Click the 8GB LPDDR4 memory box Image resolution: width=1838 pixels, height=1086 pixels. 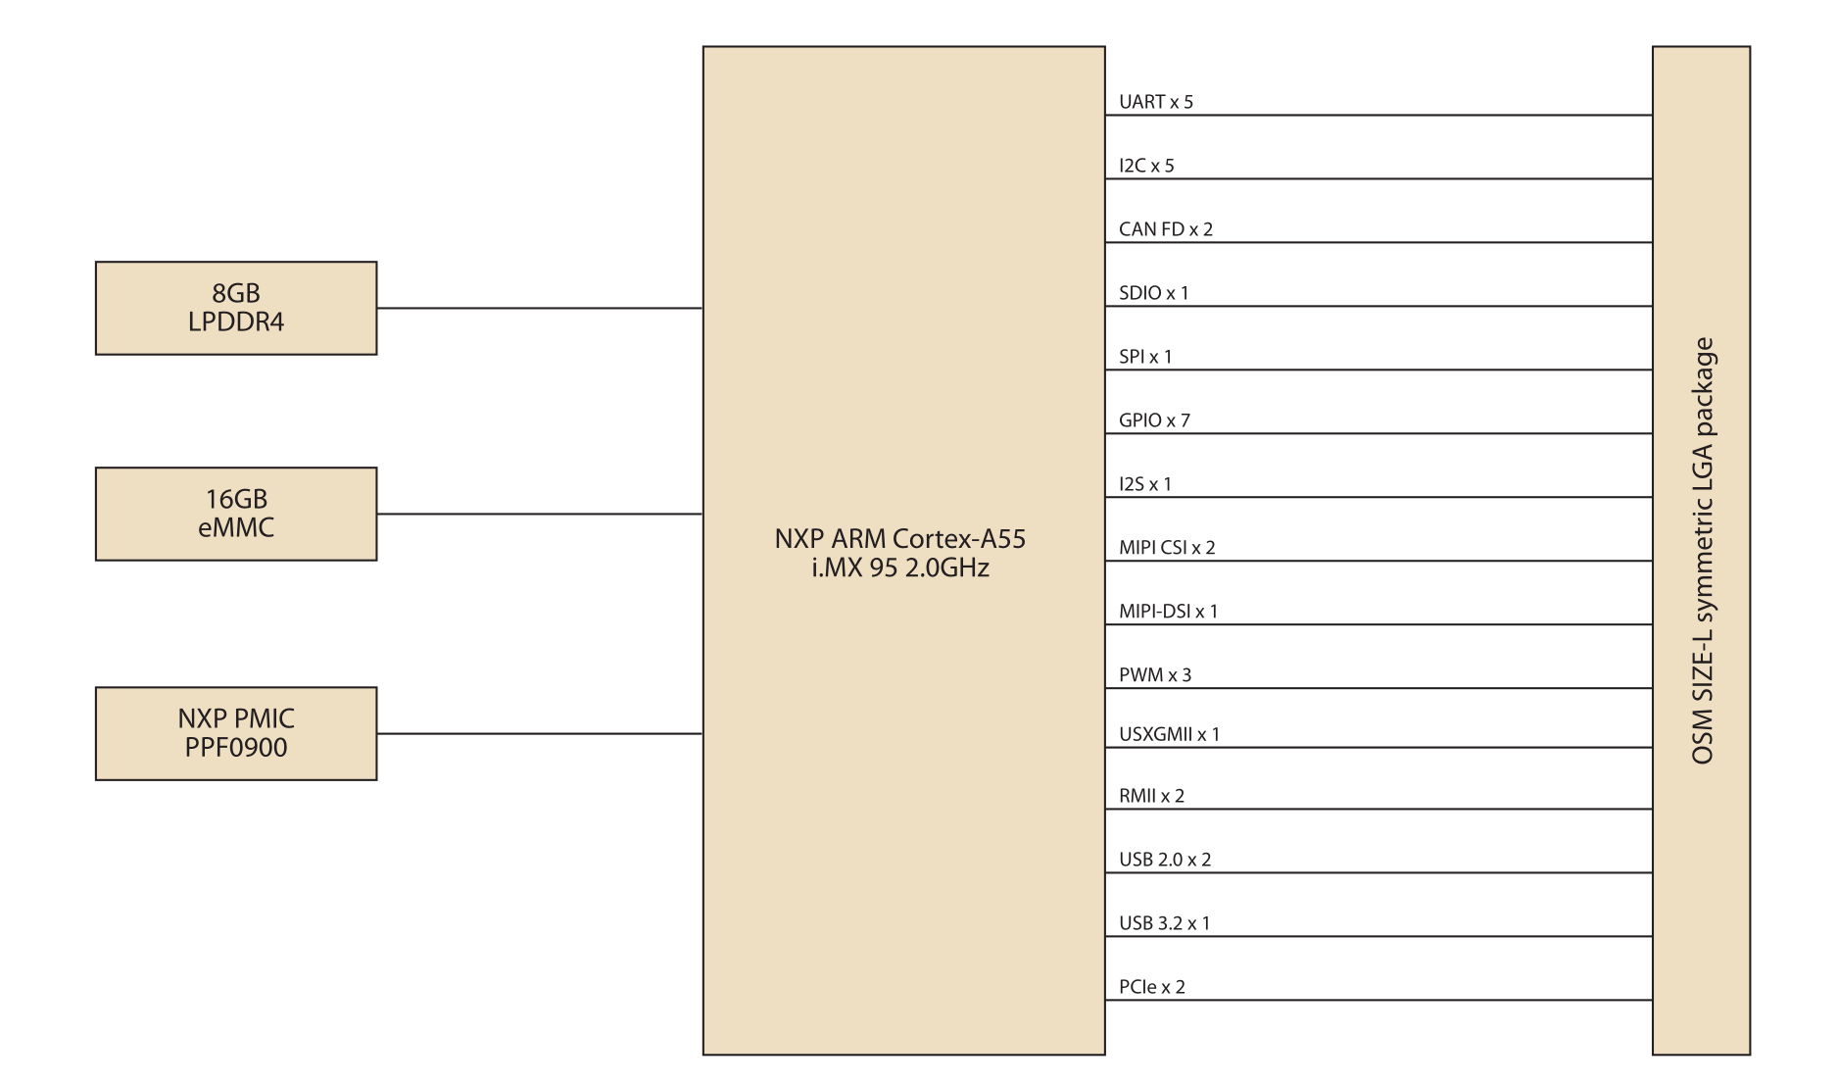(236, 308)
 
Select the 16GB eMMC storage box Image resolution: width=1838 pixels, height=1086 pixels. (236, 514)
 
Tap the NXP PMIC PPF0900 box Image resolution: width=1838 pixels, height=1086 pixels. (236, 733)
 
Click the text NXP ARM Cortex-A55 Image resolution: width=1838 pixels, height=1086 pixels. (899, 538)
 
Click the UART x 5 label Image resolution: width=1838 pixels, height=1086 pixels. (1156, 102)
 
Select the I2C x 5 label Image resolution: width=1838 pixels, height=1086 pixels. (1146, 166)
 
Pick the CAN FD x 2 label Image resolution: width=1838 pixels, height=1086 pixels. (1166, 229)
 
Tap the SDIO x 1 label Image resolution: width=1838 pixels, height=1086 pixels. (1154, 293)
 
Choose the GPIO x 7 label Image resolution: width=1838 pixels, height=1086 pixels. (1154, 420)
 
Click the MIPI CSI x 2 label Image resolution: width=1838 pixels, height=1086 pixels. (1167, 548)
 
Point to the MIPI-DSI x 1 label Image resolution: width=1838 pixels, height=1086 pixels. (1169, 612)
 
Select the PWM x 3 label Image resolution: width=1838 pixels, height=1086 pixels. (1155, 675)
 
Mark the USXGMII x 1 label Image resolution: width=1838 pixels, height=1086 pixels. (1170, 734)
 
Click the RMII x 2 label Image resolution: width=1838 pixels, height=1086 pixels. (1152, 796)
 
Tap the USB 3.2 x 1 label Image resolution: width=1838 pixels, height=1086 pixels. (1165, 923)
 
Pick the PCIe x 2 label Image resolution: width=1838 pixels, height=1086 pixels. (1152, 987)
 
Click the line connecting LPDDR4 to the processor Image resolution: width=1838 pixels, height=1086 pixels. (540, 308)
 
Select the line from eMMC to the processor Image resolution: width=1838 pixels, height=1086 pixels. (540, 514)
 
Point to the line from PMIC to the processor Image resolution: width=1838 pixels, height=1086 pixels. (540, 733)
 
